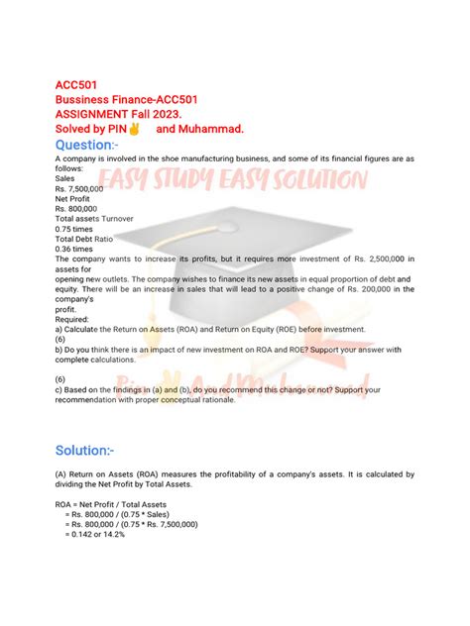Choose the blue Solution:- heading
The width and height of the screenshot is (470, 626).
pyautogui.click(x=99, y=451)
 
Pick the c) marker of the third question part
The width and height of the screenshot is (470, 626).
pyautogui.click(x=59, y=389)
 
